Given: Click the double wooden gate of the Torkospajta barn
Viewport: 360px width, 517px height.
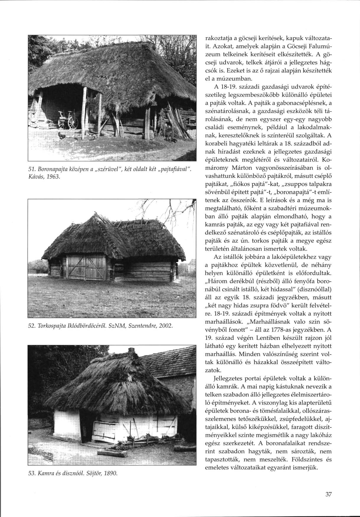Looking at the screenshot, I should pos(86,267).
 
